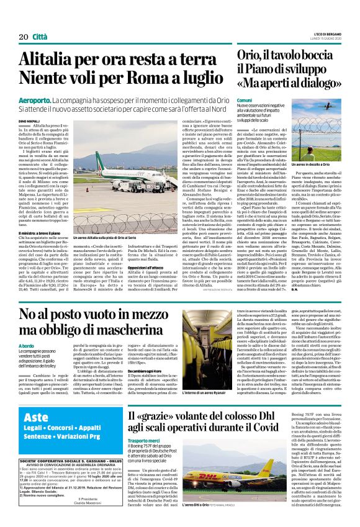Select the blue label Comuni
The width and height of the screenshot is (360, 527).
(245, 100)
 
